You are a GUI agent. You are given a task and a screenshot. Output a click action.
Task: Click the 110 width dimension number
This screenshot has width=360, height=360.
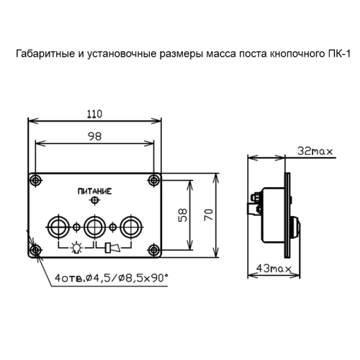(94, 113)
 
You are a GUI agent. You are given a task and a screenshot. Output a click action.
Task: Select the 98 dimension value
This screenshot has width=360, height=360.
(95, 137)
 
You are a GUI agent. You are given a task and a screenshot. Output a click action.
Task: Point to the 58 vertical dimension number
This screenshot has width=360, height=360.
(184, 215)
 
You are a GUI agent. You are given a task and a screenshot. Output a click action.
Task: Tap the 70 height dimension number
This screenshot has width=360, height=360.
(209, 215)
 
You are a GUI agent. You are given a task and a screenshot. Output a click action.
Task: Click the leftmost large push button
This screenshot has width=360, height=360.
(58, 227)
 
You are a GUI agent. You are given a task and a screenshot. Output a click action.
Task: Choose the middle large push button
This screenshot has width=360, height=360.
(94, 227)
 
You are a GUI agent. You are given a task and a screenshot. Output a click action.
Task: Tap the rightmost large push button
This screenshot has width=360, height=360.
(130, 227)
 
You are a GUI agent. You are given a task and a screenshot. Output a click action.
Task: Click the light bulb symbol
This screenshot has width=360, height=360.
(76, 249)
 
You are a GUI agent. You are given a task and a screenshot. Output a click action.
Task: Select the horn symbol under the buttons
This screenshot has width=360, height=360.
(112, 249)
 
